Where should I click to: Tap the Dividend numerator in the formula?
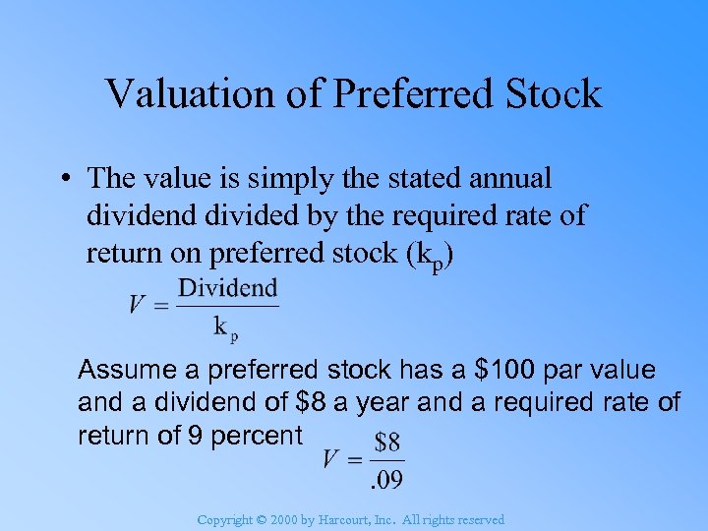pos(228,288)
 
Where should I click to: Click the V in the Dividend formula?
pos(138,305)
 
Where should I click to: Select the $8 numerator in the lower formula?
pos(386,439)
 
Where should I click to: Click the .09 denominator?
pos(385,480)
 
